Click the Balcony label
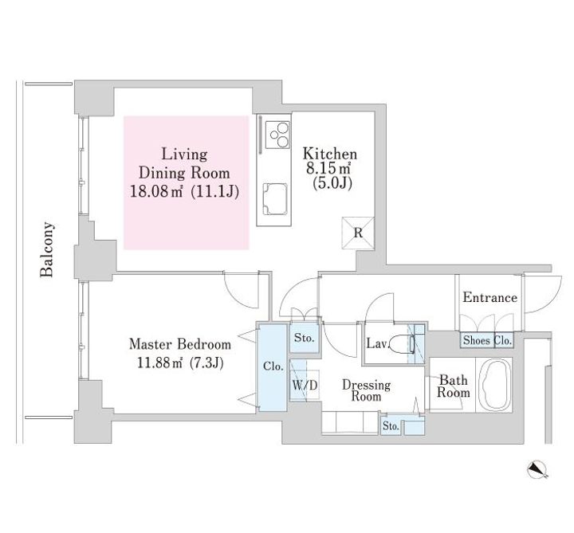coord(48,249)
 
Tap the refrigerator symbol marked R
coord(358,233)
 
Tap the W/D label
coord(305,385)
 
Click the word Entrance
coord(489,298)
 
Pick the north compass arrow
coord(540,470)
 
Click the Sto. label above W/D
coord(304,338)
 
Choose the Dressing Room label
coord(366,390)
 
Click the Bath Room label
coord(453,386)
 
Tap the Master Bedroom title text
coord(180,345)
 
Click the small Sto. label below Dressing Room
coord(390,427)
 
